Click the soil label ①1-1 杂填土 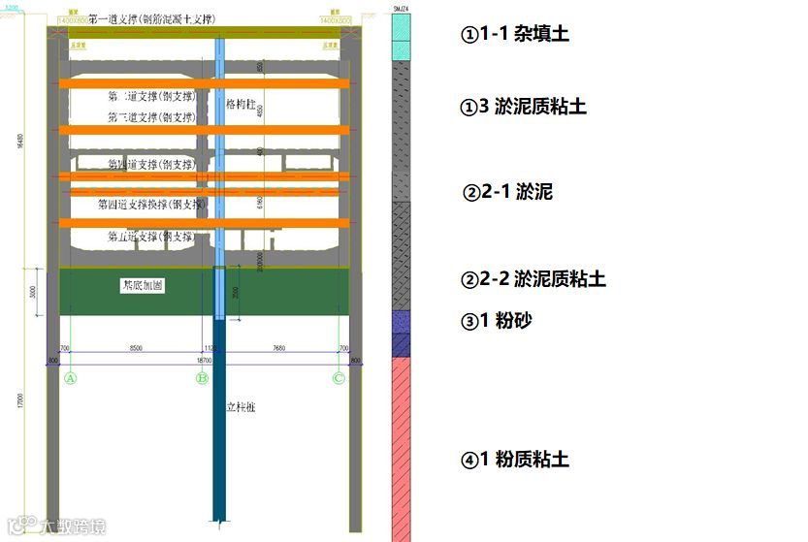[x=514, y=34]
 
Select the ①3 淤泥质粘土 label [x=523, y=106]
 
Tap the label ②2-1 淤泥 [x=508, y=192]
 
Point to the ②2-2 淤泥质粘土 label [x=533, y=279]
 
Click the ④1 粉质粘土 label [x=515, y=460]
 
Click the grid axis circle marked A [x=70, y=378]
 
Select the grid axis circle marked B [x=203, y=378]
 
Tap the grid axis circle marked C [x=339, y=378]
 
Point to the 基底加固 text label [x=142, y=286]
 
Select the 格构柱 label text [x=240, y=104]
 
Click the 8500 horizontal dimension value [x=136, y=348]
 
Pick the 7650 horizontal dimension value [x=279, y=348]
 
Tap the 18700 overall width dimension [x=206, y=360]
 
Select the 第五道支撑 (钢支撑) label [x=151, y=237]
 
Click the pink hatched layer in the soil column [x=401, y=446]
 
